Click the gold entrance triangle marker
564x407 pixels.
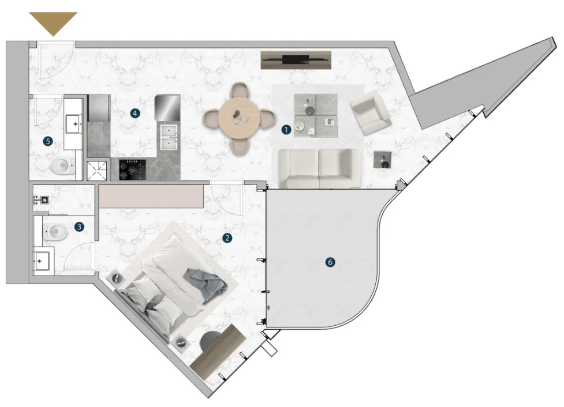(x=53, y=22)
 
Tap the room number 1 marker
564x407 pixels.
(x=286, y=130)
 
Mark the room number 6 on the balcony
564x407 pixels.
(x=330, y=262)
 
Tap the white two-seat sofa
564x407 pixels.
(x=318, y=168)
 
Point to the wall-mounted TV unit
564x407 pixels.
(x=296, y=59)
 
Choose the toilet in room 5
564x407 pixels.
(x=62, y=167)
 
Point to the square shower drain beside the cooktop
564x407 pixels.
(x=97, y=170)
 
